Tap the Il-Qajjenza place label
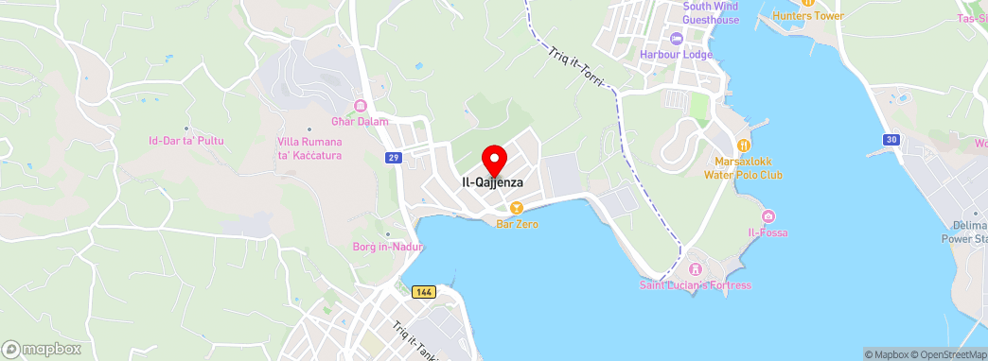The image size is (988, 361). coord(492,182)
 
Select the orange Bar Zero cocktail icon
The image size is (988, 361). coord(517,208)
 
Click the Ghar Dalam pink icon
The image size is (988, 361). coord(360,106)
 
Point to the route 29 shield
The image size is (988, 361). coord(393,158)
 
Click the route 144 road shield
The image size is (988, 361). coord(424,292)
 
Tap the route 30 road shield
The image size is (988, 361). coord(891,140)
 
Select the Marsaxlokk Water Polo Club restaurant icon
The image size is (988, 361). coord(743,145)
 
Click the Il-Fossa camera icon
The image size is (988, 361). coord(767,217)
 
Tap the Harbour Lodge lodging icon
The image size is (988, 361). coord(676,38)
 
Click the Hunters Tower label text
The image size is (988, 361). coord(807,16)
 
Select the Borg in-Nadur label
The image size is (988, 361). coord(387,248)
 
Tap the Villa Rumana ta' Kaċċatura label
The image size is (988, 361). coord(309,148)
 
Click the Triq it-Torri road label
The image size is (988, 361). coord(576,68)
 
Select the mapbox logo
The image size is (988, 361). coord(41,349)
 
